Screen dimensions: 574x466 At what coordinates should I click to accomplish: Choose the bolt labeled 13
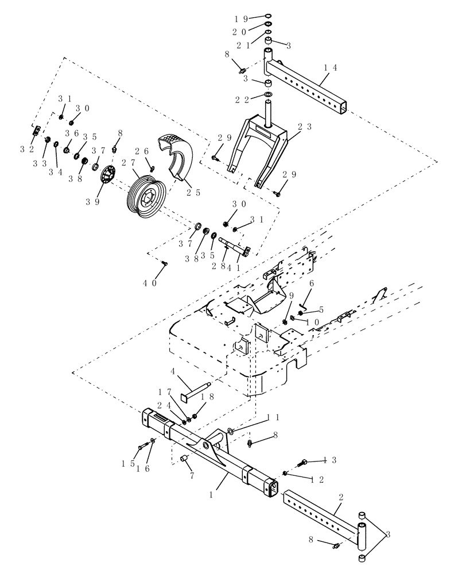tap(303, 461)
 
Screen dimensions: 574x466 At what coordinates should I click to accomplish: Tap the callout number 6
tap(312, 284)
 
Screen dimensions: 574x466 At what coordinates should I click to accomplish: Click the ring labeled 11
tap(230, 430)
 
